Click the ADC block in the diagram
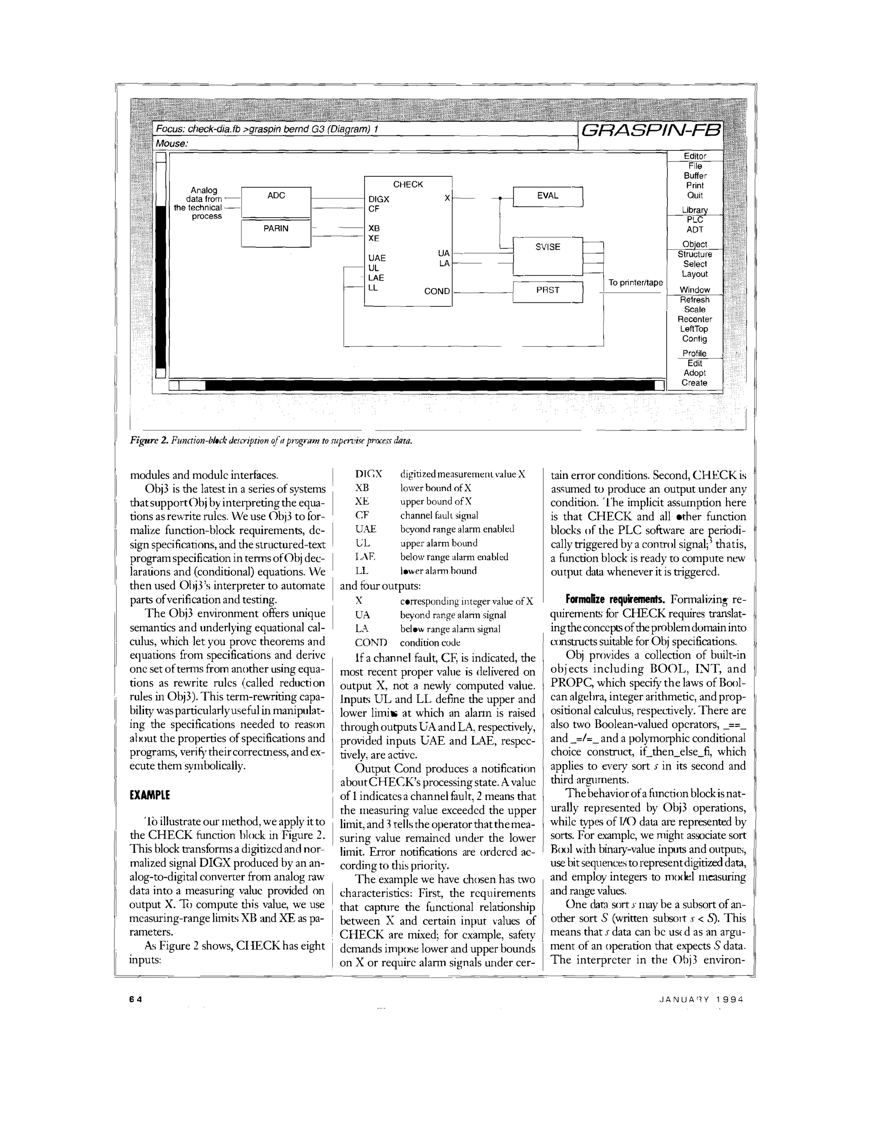point(276,196)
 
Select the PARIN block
point(276,229)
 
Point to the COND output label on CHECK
point(437,291)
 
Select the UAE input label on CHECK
point(377,258)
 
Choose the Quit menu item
point(694,195)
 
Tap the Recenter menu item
point(694,319)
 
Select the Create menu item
point(694,382)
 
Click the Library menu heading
point(694,210)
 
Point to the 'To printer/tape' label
point(635,283)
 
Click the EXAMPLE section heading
point(150,795)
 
